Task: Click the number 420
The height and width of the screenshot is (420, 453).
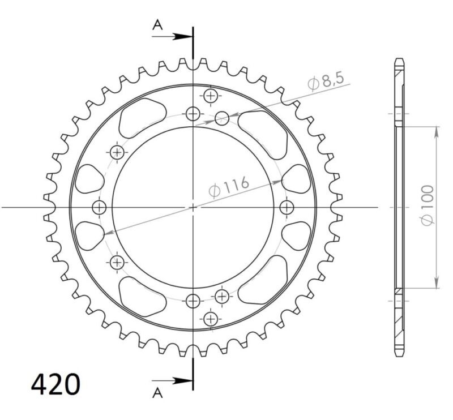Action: pos(55,384)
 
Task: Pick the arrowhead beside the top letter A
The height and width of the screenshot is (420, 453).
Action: pos(182,36)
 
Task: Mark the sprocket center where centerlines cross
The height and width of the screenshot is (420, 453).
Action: pos(193,207)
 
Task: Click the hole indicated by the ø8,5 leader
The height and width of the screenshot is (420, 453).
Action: pos(222,118)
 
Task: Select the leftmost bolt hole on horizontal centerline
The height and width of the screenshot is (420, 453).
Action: pos(100,206)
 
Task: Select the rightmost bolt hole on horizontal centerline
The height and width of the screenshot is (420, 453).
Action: pos(287,206)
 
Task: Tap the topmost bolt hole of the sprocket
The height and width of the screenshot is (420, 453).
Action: pos(211,96)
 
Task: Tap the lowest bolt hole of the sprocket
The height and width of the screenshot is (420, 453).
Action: pos(211,319)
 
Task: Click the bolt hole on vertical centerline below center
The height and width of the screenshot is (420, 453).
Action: pos(193,301)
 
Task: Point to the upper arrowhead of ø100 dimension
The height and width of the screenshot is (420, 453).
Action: pos(436,131)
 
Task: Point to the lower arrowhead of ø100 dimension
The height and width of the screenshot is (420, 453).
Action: pos(436,283)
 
